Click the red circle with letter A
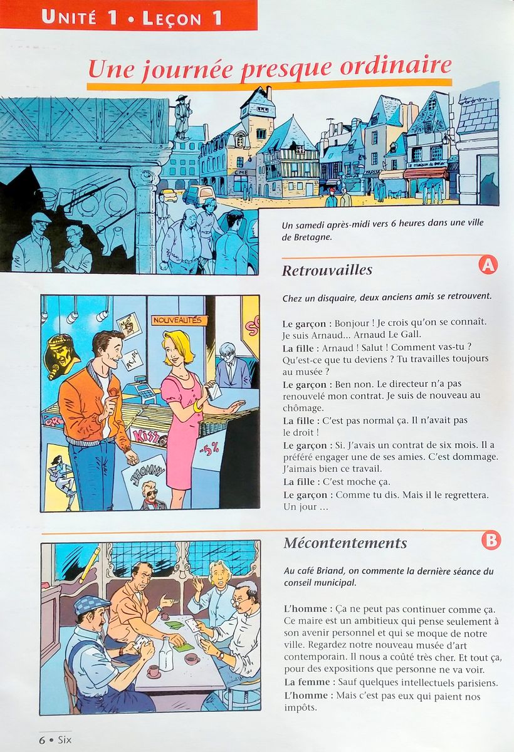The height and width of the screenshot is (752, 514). (x=488, y=265)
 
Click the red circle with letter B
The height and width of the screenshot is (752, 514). (x=491, y=540)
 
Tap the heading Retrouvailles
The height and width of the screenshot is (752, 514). (x=327, y=270)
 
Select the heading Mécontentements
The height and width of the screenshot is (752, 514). (x=345, y=543)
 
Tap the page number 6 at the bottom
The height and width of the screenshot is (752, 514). (x=42, y=739)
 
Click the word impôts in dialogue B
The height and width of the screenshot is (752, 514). (x=300, y=708)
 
